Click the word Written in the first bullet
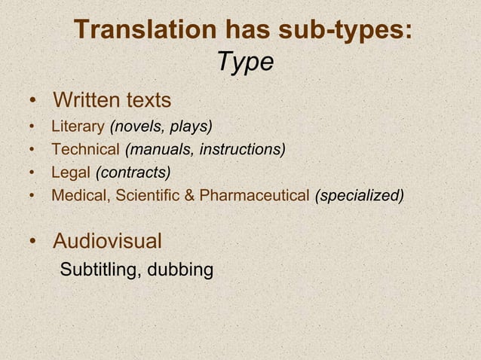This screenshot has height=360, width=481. click(x=86, y=100)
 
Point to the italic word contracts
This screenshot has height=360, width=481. click(x=133, y=172)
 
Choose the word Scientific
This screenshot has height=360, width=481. click(x=149, y=196)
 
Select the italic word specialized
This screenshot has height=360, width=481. click(x=360, y=196)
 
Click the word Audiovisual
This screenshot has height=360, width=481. click(x=107, y=242)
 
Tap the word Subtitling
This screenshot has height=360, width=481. click(x=97, y=269)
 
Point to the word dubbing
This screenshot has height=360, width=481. click(x=180, y=269)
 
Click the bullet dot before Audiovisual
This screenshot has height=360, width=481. click(x=34, y=243)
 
